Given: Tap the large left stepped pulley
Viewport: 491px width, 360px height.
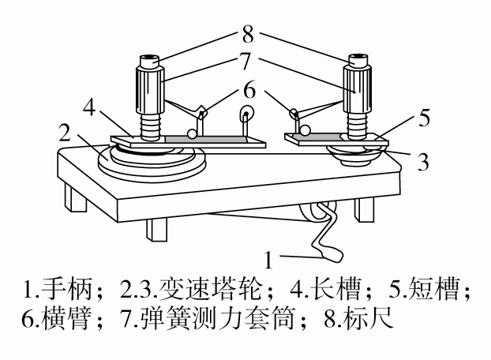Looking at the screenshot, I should (150, 162).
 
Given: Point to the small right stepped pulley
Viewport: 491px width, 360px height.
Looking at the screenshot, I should (357, 152).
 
